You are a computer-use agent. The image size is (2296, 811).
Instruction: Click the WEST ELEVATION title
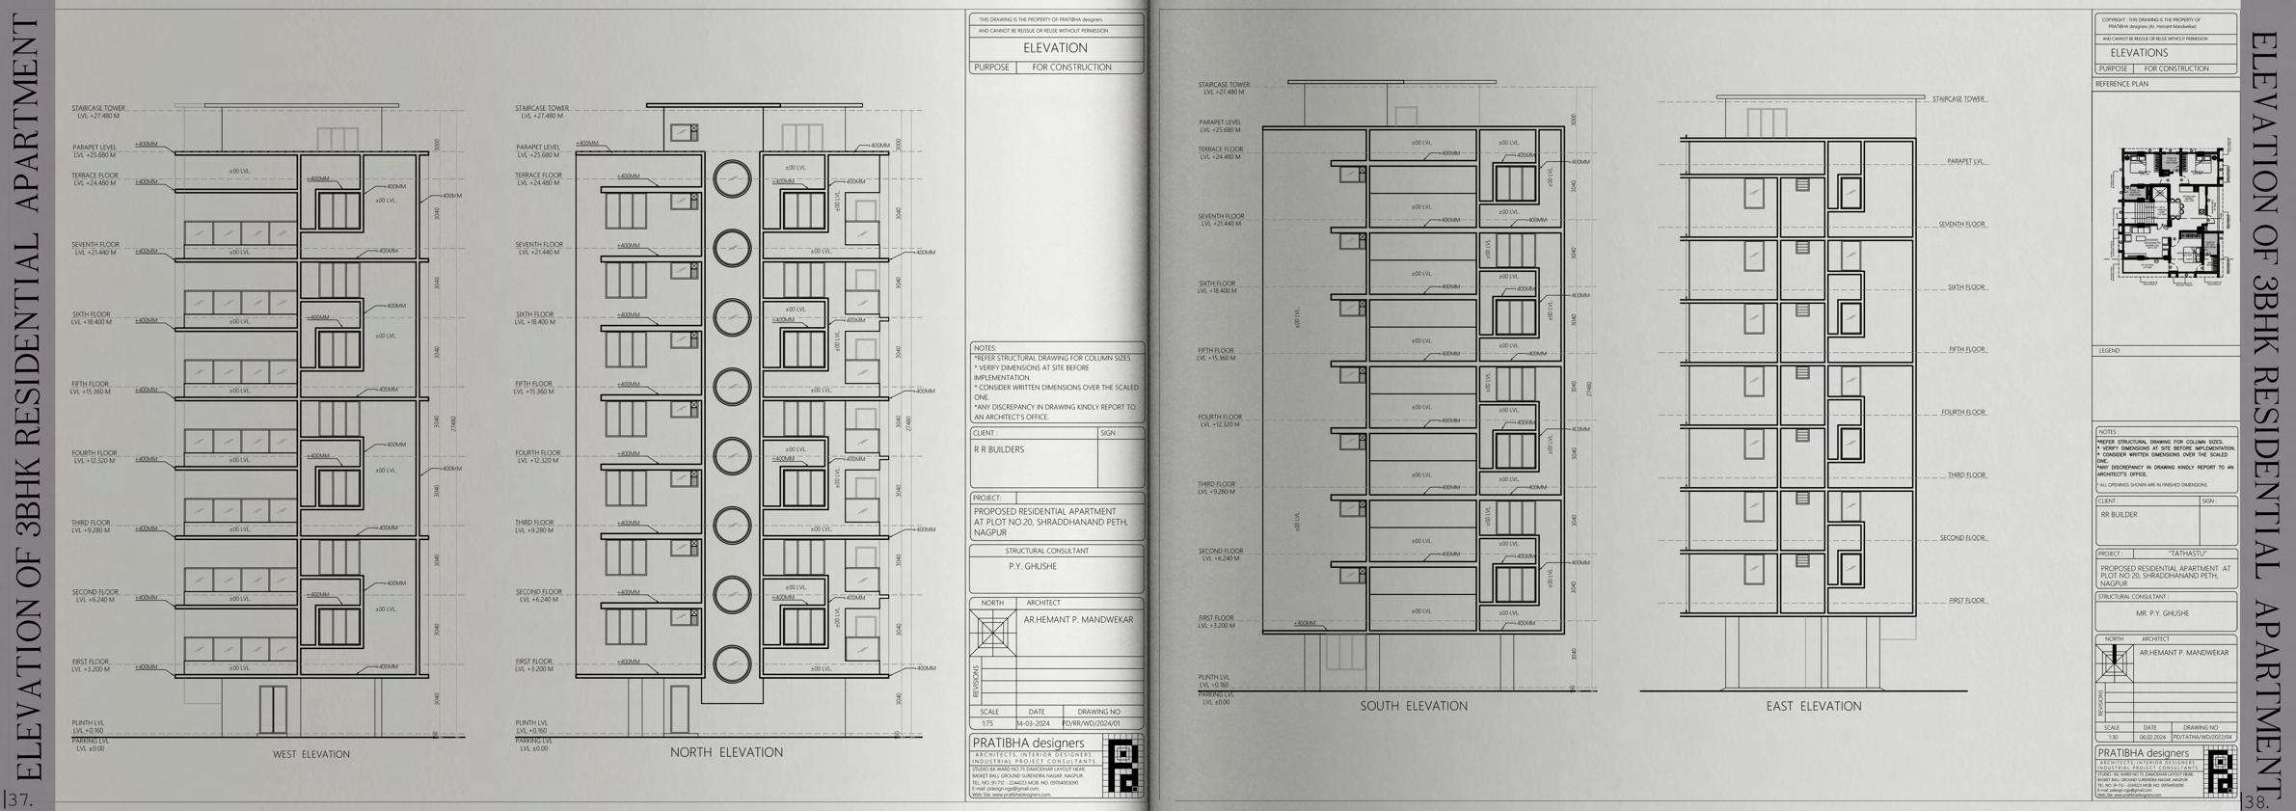point(311,754)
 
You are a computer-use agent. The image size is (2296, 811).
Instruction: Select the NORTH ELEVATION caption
point(726,752)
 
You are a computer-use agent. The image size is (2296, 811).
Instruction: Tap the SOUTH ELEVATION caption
point(1414,706)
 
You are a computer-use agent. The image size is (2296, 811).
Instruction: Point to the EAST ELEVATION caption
point(1813,706)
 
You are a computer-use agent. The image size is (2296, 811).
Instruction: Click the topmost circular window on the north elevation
point(732,178)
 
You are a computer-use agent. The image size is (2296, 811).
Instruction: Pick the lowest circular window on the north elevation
point(732,663)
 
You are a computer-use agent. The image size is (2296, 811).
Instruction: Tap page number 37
point(19,799)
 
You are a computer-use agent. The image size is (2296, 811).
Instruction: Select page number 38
point(2258,801)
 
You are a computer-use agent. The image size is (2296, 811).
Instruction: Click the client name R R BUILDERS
point(999,449)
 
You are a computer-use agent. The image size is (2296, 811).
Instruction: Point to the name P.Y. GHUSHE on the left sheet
point(1032,567)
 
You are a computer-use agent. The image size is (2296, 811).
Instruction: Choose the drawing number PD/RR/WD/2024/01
point(1091,723)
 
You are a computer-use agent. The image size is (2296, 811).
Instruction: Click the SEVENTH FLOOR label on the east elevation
point(1961,225)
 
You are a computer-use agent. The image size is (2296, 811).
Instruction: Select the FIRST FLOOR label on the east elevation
point(1966,601)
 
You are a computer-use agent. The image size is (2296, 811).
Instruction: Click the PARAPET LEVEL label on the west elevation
point(95,151)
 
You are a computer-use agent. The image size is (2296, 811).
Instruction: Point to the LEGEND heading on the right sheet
point(2110,351)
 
